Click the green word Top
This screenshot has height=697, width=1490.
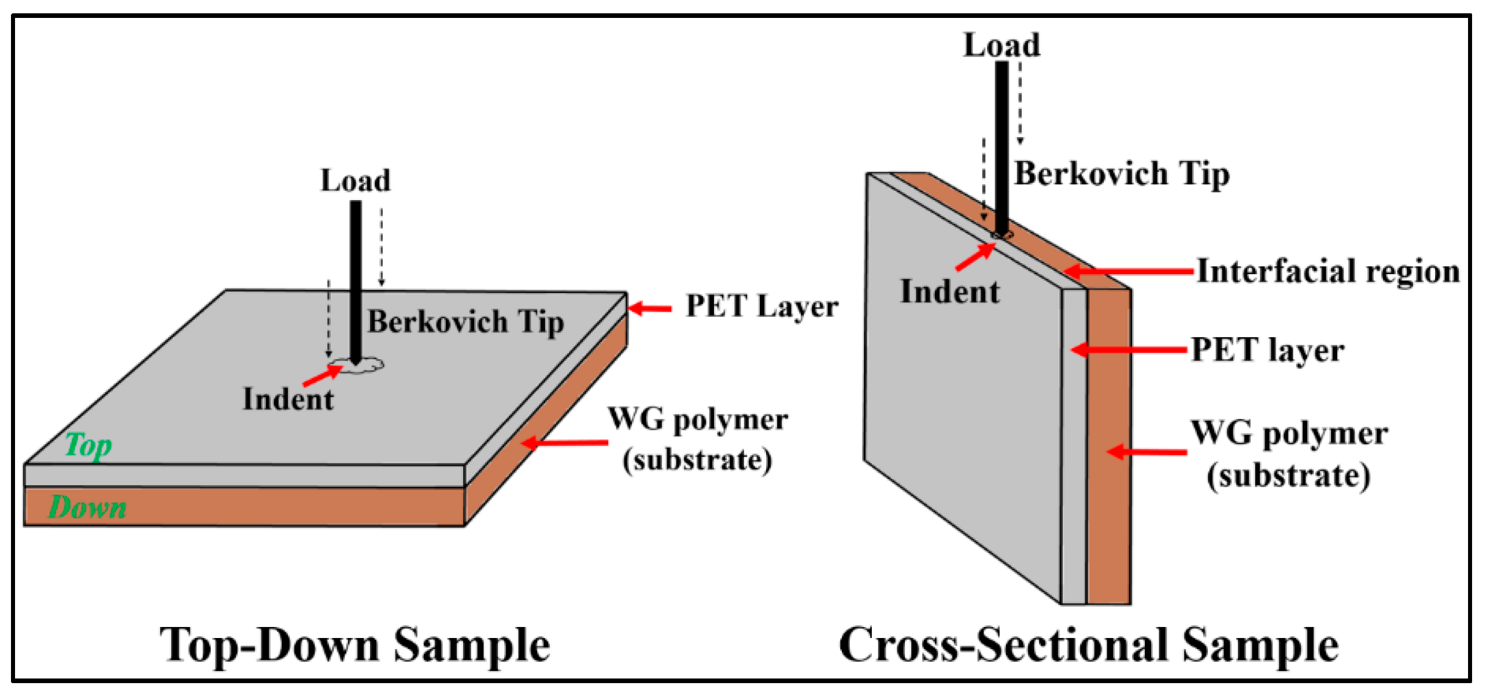(88, 445)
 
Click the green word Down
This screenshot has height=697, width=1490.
(87, 508)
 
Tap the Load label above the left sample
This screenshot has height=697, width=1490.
(355, 180)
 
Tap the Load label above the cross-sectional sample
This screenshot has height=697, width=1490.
(1001, 45)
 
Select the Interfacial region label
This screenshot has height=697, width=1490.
(1328, 271)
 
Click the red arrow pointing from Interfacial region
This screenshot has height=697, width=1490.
(1128, 271)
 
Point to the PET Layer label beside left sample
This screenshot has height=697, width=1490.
(762, 306)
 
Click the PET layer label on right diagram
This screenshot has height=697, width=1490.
(1267, 350)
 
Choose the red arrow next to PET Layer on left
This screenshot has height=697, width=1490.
(649, 308)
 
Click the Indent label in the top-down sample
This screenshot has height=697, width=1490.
(287, 399)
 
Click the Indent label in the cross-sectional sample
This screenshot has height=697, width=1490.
(950, 291)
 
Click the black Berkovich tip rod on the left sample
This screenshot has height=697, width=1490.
(355, 278)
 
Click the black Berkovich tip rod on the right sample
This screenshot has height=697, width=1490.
(1001, 145)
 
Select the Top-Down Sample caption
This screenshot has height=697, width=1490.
(354, 645)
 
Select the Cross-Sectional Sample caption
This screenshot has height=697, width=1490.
(1088, 645)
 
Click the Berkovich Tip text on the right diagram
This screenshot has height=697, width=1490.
(1121, 174)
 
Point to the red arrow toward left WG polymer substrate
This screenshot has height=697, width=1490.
(564, 443)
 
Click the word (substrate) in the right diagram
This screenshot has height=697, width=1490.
(1288, 475)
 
